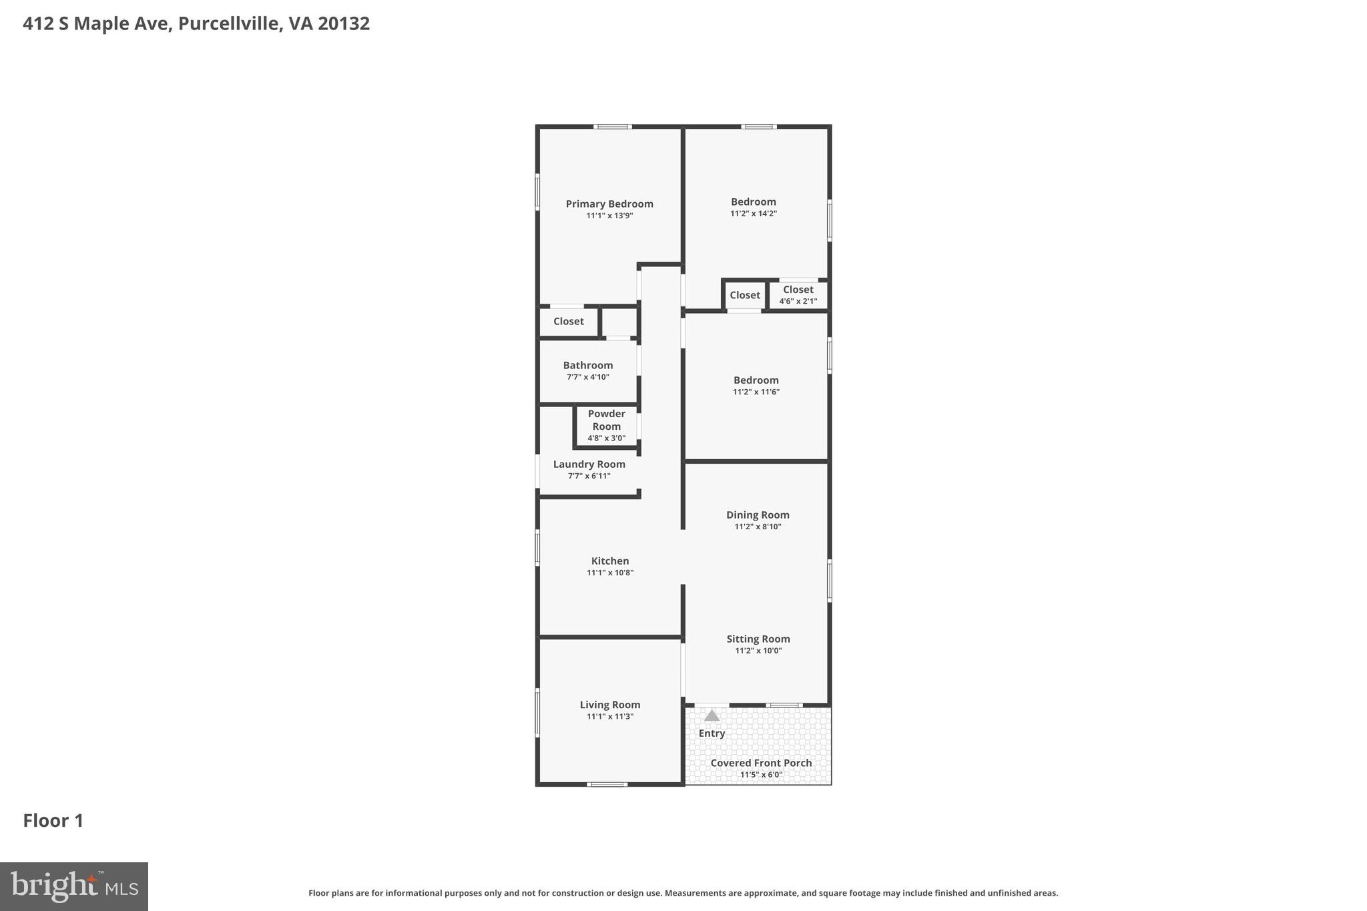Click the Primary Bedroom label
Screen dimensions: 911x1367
[609, 204]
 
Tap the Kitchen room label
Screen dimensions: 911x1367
[609, 561]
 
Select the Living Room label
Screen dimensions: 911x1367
[609, 705]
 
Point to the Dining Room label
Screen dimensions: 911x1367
[758, 515]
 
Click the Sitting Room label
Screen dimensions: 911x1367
[758, 639]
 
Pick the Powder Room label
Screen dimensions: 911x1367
[606, 420]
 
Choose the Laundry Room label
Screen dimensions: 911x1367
[589, 465]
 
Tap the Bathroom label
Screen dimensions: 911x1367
[587, 366]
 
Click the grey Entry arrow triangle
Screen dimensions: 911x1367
[712, 716]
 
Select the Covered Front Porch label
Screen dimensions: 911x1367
[761, 764]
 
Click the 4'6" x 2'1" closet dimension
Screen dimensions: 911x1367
[798, 302]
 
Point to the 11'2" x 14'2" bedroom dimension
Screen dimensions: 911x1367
[753, 214]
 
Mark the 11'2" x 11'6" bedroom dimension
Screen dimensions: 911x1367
[756, 392]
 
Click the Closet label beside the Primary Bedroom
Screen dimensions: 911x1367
[568, 322]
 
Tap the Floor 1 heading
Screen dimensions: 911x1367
[53, 821]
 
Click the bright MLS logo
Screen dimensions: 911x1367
[74, 887]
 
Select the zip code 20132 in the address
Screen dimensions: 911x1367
[344, 24]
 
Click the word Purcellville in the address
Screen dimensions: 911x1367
[228, 24]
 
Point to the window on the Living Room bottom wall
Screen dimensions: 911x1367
[607, 784]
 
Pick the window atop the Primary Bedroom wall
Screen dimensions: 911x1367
[612, 127]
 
